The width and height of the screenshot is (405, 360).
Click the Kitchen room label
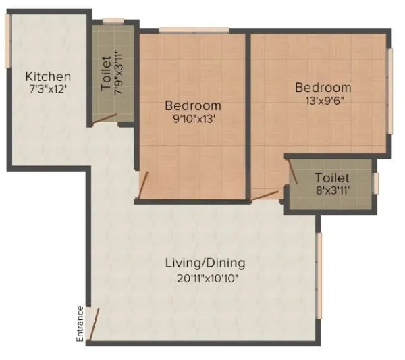coord(48,76)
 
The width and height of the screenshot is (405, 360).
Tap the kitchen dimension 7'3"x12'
coord(48,89)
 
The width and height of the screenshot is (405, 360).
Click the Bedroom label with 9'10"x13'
coord(193,105)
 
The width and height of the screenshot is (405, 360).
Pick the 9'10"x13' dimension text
coord(193,119)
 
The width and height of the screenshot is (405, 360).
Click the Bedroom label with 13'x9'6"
coord(323,88)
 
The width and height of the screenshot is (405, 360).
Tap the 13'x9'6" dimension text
coord(323,101)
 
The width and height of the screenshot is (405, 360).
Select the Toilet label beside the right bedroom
coord(331,177)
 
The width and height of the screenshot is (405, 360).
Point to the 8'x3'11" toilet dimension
coord(331,190)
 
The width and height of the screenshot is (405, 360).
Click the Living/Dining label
coord(205,263)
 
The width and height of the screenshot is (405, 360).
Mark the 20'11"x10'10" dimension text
coord(205,277)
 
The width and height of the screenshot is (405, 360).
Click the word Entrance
coord(80,324)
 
